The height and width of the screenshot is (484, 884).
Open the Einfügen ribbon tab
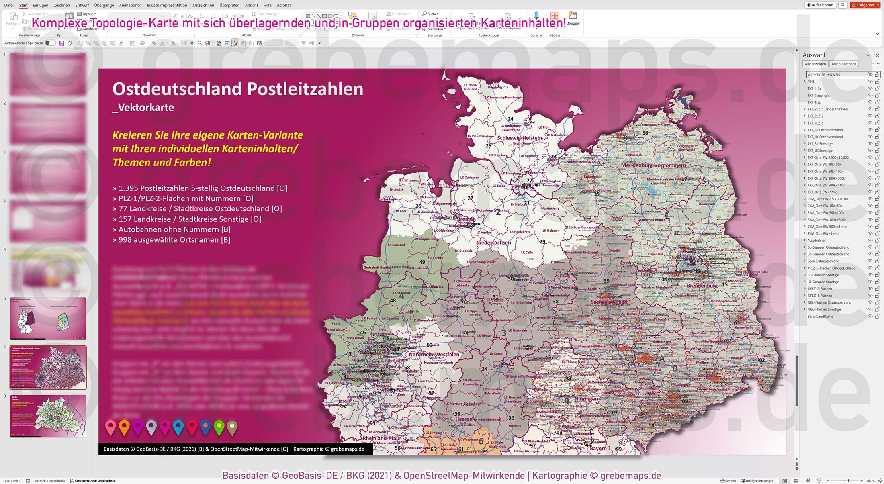40,5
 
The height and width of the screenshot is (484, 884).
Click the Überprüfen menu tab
229,5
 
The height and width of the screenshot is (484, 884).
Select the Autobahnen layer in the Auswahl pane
816,241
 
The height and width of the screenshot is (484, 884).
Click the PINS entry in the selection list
811,82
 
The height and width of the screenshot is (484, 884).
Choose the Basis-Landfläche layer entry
820,317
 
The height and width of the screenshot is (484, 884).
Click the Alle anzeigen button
815,64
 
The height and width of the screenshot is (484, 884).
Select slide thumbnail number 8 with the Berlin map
48,416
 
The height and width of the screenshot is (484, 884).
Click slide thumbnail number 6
48,318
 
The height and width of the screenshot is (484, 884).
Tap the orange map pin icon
124,427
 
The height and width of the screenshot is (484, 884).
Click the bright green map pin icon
219,427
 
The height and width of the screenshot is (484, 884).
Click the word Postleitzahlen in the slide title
305,89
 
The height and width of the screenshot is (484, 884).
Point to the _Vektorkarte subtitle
143,108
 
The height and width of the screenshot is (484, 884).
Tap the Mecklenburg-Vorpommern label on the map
653,165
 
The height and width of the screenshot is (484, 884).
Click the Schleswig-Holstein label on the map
520,138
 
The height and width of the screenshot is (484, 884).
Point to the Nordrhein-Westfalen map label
434,354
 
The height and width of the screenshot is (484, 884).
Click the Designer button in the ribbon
573,18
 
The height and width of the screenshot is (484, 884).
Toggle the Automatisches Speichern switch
50,43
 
